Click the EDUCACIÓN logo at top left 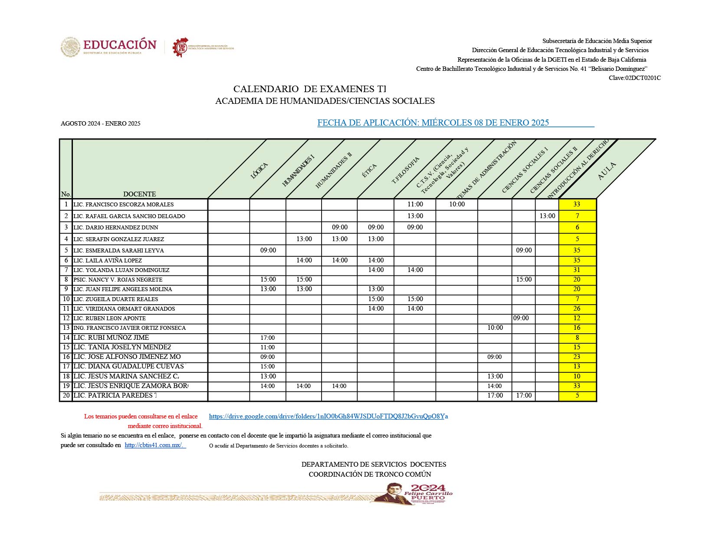[108, 46]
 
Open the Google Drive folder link [328, 416]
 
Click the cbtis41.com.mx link [154, 445]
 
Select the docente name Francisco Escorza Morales [123, 205]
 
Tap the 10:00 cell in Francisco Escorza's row [457, 204]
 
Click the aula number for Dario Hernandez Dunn [577, 227]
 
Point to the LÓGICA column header [259, 170]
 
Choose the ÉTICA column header [369, 171]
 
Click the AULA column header [606, 171]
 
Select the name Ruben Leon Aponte [109, 318]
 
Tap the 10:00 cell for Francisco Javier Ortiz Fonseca [495, 328]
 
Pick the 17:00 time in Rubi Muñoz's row [267, 338]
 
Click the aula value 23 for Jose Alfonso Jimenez [577, 357]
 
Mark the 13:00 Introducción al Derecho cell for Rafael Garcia [547, 216]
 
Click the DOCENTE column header [139, 194]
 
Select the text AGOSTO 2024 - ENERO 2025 [101, 123]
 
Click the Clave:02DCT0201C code [634, 78]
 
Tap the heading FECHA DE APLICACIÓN [433, 123]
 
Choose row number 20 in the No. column [66, 395]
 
